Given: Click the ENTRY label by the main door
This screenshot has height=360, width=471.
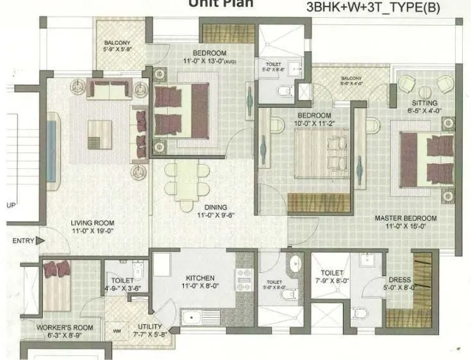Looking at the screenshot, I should [22, 241].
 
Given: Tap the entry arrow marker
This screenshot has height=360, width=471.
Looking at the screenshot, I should [40, 241].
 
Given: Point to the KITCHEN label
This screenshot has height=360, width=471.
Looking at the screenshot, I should [199, 277].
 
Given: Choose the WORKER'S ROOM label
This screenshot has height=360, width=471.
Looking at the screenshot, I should [64, 327].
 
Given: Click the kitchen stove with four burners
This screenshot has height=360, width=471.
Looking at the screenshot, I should [244, 280].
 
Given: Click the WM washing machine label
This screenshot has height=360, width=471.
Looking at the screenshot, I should [116, 331].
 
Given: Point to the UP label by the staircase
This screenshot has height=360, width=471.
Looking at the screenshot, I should [10, 206].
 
